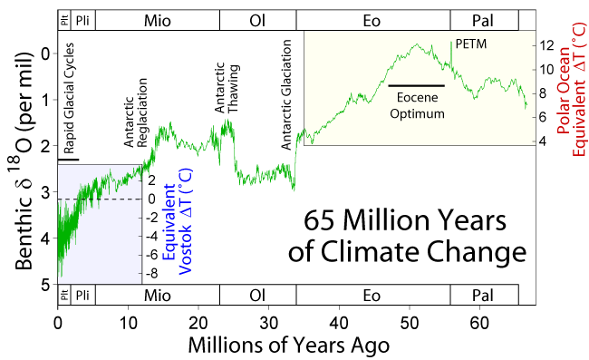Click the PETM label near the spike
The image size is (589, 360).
click(x=470, y=44)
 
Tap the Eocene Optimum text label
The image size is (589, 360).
click(x=418, y=105)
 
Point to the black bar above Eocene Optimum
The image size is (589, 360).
click(x=416, y=85)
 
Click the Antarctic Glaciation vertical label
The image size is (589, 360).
click(x=286, y=94)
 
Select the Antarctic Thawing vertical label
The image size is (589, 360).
click(x=227, y=88)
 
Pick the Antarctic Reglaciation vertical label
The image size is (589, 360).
click(x=136, y=112)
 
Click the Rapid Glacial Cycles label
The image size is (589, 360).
click(x=69, y=99)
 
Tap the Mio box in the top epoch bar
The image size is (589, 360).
click(x=158, y=20)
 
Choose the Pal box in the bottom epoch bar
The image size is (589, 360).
click(x=484, y=295)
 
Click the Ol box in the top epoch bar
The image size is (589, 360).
click(x=258, y=20)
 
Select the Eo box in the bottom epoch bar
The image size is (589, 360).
click(x=373, y=295)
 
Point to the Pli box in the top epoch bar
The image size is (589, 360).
click(x=82, y=20)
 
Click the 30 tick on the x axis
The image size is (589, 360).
click(x=268, y=323)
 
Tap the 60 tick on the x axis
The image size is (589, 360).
click(x=479, y=323)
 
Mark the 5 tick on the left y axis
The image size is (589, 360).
click(x=45, y=286)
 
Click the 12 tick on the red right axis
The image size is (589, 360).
click(x=546, y=45)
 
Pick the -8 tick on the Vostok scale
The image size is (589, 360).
click(x=151, y=273)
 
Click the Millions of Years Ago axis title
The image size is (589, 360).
click(x=288, y=345)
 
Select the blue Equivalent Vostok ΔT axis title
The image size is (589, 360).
click(x=178, y=221)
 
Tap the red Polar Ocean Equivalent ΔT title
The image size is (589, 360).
click(x=572, y=90)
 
